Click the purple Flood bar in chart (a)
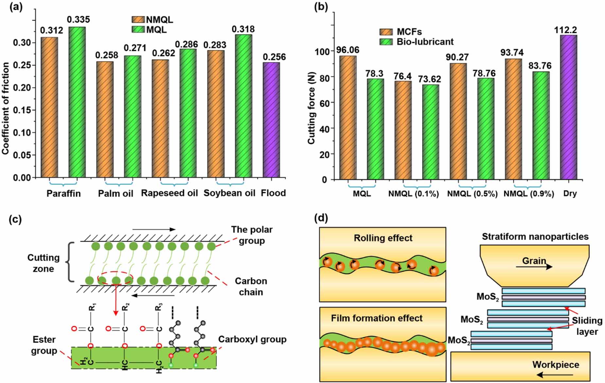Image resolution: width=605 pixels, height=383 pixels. tap(271, 120)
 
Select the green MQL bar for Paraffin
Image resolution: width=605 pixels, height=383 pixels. tap(77, 102)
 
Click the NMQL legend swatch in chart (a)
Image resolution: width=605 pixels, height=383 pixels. tap(138, 20)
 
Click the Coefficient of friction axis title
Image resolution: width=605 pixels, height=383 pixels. tap(6, 108)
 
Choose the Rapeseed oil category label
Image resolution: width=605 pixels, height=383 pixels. tap(169, 193)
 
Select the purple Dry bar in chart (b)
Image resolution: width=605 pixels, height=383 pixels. tap(568, 107)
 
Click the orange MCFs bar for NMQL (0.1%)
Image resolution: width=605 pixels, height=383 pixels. tap(403, 130)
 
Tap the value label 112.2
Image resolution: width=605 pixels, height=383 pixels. tap(565, 30)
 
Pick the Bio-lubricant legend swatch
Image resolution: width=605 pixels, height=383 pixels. tap(386, 42)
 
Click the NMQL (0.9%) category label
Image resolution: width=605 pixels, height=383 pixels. tap(528, 194)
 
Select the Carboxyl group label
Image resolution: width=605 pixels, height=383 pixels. tap(252, 339)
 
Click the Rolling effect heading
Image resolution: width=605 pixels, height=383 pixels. tap(383, 238)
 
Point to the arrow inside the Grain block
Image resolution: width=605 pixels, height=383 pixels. tap(534, 267)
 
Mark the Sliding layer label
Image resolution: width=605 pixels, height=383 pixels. tap(587, 326)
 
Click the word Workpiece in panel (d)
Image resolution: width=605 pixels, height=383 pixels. tap(556, 365)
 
